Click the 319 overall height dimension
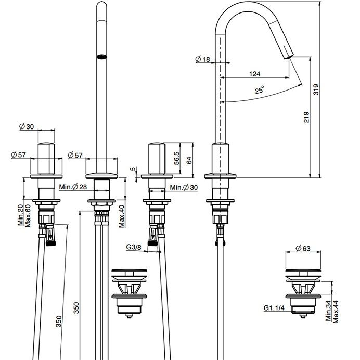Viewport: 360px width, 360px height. (x=316, y=89)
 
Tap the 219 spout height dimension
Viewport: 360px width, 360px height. (x=306, y=117)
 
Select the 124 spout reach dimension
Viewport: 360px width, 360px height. (x=254, y=74)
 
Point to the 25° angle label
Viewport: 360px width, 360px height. (x=259, y=90)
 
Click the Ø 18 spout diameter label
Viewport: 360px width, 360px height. (x=202, y=59)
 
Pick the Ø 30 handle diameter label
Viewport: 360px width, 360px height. (x=27, y=126)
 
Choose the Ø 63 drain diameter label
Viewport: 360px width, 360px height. (x=303, y=248)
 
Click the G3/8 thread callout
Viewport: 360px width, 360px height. (x=134, y=247)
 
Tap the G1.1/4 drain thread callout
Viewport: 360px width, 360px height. (x=274, y=307)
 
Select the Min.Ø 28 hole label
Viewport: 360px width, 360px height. (x=73, y=187)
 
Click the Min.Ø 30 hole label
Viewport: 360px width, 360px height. (x=184, y=187)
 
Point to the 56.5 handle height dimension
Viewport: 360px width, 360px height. (x=176, y=158)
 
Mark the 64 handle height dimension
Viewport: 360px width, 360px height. (x=189, y=160)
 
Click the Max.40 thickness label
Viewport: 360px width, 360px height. (x=122, y=216)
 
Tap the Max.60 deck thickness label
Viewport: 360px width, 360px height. (x=28, y=215)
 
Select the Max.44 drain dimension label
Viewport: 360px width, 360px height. (x=336, y=312)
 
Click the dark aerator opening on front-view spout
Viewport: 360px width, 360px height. (x=102, y=57)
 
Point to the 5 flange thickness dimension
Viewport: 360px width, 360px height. (x=133, y=169)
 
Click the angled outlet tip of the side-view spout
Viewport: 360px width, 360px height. (x=290, y=57)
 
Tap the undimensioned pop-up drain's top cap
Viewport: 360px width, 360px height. (x=129, y=270)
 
